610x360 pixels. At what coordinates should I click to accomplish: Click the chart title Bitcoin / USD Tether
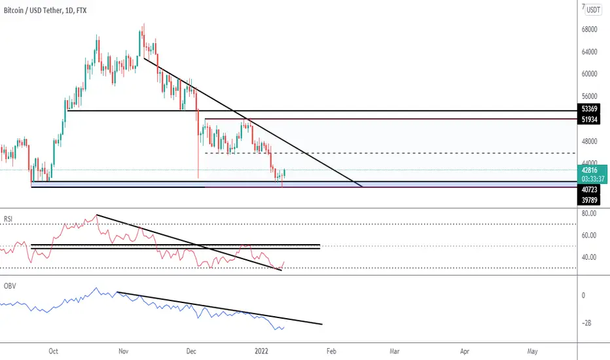pos(33,10)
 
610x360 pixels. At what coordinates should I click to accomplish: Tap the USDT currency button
pos(593,10)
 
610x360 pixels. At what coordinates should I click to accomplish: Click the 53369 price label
pos(589,109)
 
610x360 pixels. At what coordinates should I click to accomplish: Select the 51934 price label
pos(589,120)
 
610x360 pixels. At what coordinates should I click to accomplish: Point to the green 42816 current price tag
pos(589,170)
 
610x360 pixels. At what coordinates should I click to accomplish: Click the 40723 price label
pos(589,190)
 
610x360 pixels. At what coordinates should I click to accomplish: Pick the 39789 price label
pos(589,200)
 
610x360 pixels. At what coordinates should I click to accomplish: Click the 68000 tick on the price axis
pos(589,29)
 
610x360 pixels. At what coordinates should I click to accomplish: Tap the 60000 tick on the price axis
pos(589,74)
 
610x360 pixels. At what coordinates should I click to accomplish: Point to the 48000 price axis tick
pos(589,141)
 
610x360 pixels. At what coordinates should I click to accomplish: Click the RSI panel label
pos(8,219)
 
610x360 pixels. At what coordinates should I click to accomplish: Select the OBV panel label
pos(10,286)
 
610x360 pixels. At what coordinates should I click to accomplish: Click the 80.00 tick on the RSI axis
pos(589,213)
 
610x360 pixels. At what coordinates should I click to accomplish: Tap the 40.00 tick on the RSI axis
pos(589,257)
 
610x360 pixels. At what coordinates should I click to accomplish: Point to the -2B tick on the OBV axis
pos(586,323)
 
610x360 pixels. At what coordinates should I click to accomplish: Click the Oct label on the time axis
pos(53,351)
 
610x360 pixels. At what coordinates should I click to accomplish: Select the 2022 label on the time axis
pos(261,351)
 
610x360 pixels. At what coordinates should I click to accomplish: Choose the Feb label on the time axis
pos(331,351)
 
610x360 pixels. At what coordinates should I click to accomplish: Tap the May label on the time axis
pos(532,351)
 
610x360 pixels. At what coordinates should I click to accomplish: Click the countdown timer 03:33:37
pos(593,179)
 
